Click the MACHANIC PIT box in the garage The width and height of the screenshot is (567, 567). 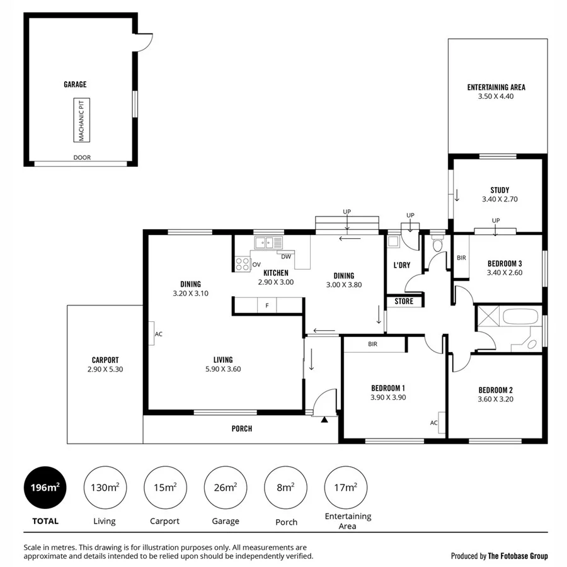click(x=81, y=119)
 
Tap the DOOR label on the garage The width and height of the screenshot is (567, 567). click(x=82, y=158)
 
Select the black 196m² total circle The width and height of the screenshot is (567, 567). click(x=45, y=487)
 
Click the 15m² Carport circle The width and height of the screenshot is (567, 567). click(x=165, y=487)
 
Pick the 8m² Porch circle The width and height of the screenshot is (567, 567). click(x=285, y=487)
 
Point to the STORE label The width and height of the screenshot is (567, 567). click(x=404, y=301)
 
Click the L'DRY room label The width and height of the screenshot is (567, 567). click(x=401, y=265)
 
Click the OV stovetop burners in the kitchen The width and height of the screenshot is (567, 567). click(x=242, y=265)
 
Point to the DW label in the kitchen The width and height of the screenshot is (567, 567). click(x=286, y=256)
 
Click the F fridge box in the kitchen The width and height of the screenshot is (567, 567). click(x=267, y=306)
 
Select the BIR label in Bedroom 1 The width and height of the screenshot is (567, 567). click(x=372, y=345)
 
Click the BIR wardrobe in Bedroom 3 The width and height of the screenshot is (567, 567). click(x=461, y=257)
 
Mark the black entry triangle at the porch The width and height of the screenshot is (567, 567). click(x=324, y=418)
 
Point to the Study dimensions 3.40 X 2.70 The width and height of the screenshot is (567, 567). click(x=499, y=199)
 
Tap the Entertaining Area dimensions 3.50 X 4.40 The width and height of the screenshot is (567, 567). click(x=496, y=96)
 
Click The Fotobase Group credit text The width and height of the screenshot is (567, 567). click(x=499, y=556)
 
